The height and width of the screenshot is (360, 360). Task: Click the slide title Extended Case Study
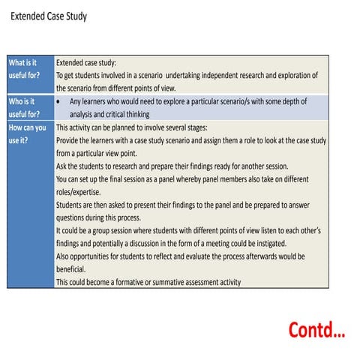pos(49,16)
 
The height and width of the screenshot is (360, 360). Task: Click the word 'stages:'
pos(213,127)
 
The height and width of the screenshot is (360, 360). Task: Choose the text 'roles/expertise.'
pos(83,192)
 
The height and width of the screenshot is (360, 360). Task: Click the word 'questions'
pos(73,217)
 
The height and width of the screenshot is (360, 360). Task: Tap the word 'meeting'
pos(242,243)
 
